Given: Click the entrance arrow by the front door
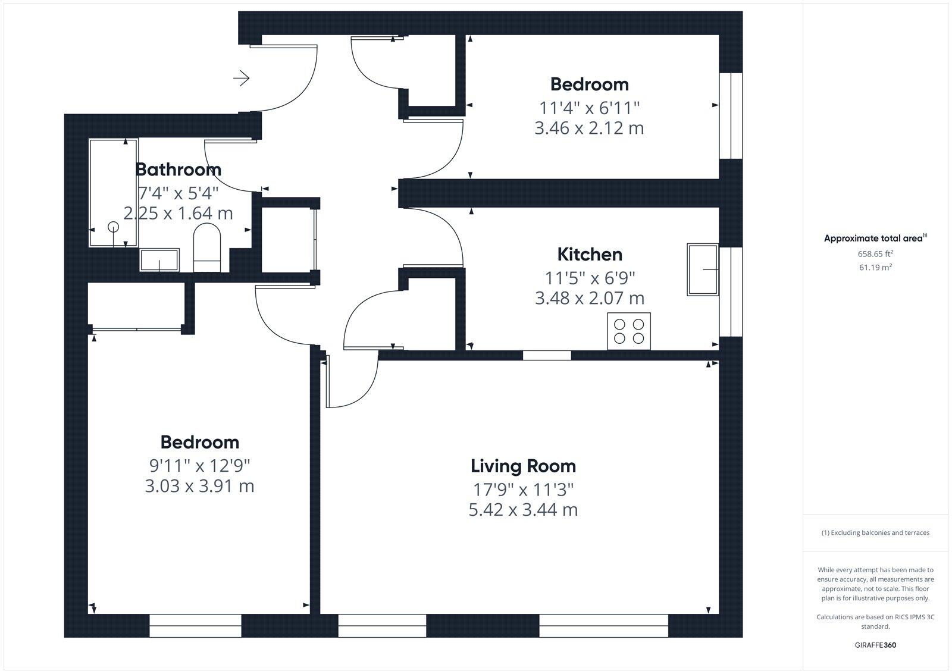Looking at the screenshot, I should click(x=241, y=78).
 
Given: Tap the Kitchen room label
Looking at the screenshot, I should click(x=589, y=255).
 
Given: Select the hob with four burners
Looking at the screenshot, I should click(x=629, y=331).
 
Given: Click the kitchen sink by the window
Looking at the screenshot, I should click(x=703, y=269).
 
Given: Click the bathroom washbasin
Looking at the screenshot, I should click(x=159, y=260).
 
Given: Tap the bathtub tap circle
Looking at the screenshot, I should click(x=113, y=227).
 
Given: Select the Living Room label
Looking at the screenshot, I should click(x=523, y=466).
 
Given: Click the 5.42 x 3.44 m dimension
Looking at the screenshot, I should click(x=523, y=510).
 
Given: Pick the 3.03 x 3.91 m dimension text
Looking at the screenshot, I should click(x=199, y=486).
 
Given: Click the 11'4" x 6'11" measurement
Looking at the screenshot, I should click(x=589, y=108).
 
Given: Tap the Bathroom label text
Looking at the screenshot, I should click(x=178, y=170).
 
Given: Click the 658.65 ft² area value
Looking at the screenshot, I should click(x=875, y=253).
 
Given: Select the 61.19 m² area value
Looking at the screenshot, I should click(x=875, y=267).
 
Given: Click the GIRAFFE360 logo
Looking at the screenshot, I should click(x=875, y=645).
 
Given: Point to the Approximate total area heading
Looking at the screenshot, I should click(x=873, y=239).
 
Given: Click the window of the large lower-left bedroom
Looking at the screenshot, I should click(x=195, y=626).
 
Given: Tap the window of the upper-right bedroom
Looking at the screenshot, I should click(x=731, y=116).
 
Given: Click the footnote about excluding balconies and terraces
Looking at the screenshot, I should click(x=875, y=533).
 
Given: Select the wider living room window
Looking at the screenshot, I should click(x=603, y=626).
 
